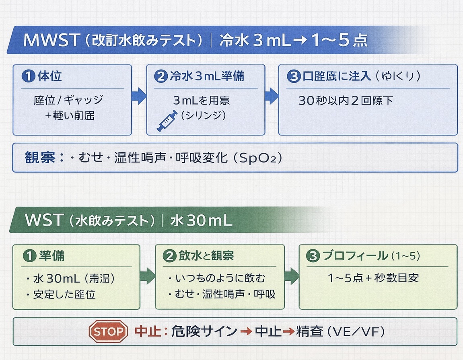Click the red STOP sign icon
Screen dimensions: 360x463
(x=108, y=331)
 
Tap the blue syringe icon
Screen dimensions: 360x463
(x=167, y=121)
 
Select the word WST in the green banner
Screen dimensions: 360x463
(x=44, y=220)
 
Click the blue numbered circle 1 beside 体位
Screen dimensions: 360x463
(x=29, y=76)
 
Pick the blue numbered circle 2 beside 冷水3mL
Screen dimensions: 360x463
(x=160, y=76)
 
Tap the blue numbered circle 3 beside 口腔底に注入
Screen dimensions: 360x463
(x=294, y=76)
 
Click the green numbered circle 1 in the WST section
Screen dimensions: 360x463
(x=29, y=256)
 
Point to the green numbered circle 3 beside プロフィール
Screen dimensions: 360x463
(x=313, y=256)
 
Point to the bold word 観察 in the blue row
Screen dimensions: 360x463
(x=40, y=157)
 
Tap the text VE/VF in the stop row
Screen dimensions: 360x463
(x=357, y=332)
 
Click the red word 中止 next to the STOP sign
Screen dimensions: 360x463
(x=145, y=331)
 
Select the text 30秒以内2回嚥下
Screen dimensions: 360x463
(x=346, y=101)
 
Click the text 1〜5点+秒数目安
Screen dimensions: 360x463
(x=374, y=278)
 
